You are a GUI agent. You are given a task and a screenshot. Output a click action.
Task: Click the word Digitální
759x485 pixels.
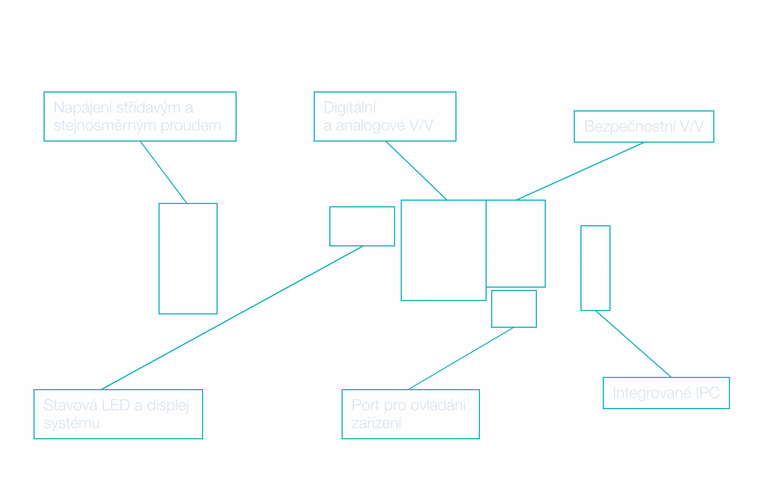[x=349, y=108]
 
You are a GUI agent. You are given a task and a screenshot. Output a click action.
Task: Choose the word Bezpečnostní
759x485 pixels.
[x=629, y=127]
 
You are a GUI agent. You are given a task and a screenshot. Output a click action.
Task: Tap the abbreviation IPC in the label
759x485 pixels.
[x=708, y=393]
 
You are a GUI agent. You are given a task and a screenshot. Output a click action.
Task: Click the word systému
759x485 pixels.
[x=71, y=423]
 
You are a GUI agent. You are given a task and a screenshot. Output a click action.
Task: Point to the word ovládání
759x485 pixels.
[x=438, y=405]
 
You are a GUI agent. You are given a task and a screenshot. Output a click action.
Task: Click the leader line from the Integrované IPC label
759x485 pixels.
[x=633, y=344]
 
